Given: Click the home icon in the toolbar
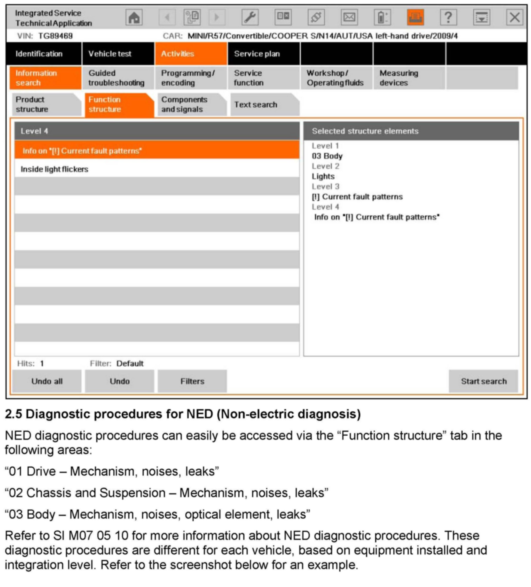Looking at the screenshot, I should [134, 17].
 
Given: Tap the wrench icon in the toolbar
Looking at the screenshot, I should [250, 17].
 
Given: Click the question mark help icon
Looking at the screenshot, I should [448, 17].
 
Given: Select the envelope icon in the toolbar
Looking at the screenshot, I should [349, 17].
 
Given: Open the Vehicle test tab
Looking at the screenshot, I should [118, 54].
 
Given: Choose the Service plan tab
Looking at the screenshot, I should [264, 54].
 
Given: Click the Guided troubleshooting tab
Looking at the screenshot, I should [118, 78].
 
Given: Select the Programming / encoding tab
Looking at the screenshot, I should [191, 78].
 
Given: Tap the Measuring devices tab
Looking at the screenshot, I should [409, 78].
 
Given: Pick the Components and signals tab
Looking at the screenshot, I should [191, 105].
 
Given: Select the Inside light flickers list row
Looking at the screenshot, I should [157, 169].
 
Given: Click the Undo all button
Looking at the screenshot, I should [47, 381].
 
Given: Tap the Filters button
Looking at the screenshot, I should [192, 381].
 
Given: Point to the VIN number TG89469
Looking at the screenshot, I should [55, 36].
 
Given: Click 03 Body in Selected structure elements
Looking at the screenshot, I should [327, 156].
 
